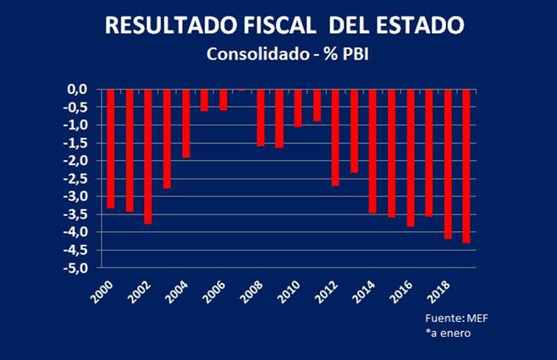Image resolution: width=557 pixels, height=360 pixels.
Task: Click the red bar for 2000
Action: [x=110, y=148]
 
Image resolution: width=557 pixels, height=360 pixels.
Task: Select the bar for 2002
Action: [x=147, y=156]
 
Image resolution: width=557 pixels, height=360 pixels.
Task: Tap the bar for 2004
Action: [x=185, y=124]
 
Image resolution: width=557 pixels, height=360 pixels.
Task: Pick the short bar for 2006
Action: [x=223, y=99]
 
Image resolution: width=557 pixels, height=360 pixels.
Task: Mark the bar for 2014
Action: [x=372, y=151]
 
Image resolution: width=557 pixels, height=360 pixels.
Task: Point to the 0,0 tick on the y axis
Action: [x=78, y=89]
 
